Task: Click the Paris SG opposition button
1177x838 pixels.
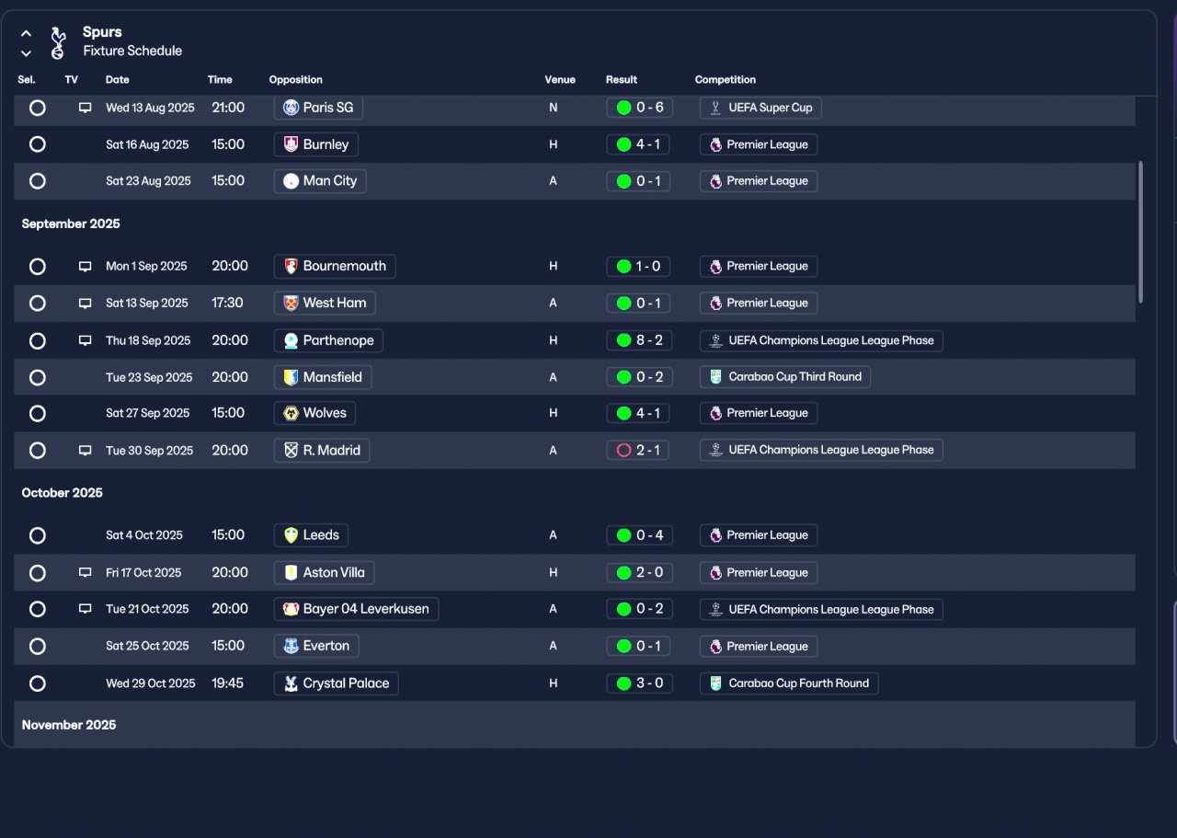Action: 318,108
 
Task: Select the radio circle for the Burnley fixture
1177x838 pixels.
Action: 38,144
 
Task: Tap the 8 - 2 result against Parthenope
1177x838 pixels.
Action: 639,340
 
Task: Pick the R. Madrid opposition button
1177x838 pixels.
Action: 322,451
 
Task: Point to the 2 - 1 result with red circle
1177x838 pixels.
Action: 639,451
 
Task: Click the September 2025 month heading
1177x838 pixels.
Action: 71,224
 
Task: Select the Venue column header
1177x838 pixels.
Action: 560,80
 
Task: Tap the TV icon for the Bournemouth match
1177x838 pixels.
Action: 86,267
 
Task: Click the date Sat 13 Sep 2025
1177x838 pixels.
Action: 147,304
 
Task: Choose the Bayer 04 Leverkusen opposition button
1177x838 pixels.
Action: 356,609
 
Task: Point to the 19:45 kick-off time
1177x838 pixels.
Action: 228,683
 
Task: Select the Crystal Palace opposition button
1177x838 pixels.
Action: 336,683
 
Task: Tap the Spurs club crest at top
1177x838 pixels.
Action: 58,42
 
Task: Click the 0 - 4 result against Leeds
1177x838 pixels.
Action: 639,535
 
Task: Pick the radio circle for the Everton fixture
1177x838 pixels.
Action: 38,647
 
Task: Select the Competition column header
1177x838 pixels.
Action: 726,80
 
